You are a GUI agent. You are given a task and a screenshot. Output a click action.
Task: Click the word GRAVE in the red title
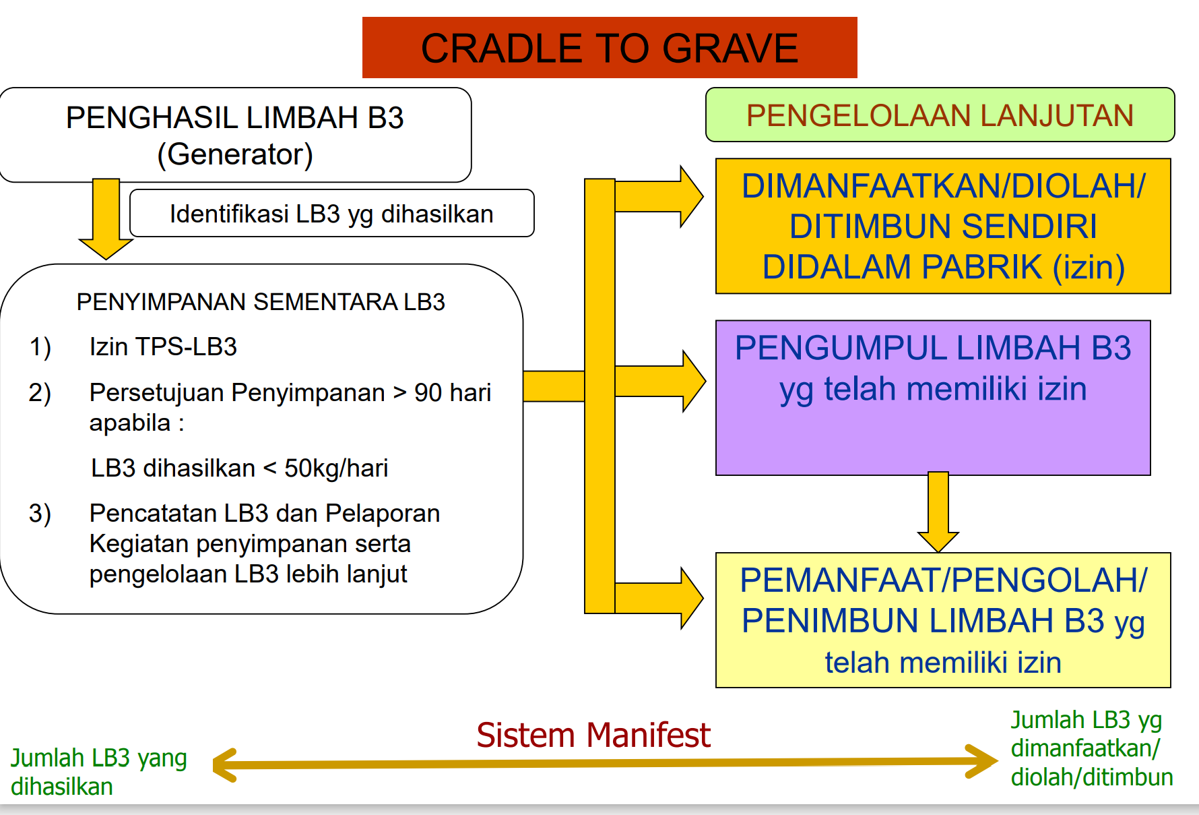pyautogui.click(x=730, y=49)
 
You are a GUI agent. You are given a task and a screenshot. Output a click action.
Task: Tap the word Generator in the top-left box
pyautogui.click(x=235, y=154)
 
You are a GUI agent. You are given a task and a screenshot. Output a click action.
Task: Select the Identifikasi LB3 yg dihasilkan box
pyautogui.click(x=331, y=214)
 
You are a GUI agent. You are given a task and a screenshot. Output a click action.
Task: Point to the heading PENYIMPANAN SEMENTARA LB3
pyautogui.click(x=261, y=302)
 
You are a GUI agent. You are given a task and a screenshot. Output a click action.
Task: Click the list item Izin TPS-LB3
pyautogui.click(x=163, y=347)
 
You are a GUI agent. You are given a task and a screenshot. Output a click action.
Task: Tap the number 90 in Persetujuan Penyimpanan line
pyautogui.click(x=428, y=392)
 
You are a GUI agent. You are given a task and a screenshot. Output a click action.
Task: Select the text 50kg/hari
pyautogui.click(x=336, y=468)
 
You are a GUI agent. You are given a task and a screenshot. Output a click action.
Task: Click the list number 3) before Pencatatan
pyautogui.click(x=40, y=514)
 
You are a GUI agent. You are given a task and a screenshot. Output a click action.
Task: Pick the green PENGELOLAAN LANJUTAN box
pyautogui.click(x=940, y=115)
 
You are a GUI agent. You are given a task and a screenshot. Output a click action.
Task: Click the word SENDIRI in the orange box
pyautogui.click(x=943, y=227)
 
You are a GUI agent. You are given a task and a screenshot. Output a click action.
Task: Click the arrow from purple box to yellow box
pyautogui.click(x=938, y=512)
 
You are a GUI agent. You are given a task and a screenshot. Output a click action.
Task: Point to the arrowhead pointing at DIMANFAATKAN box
pyautogui.click(x=690, y=197)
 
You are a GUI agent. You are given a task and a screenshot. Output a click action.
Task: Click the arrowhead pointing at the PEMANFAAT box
pyautogui.click(x=690, y=598)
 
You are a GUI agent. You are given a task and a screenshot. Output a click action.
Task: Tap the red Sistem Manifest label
pyautogui.click(x=593, y=735)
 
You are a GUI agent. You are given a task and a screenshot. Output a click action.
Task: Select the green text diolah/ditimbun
pyautogui.click(x=1091, y=777)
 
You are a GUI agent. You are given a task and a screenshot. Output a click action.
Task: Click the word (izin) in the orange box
pyautogui.click(x=1089, y=267)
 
